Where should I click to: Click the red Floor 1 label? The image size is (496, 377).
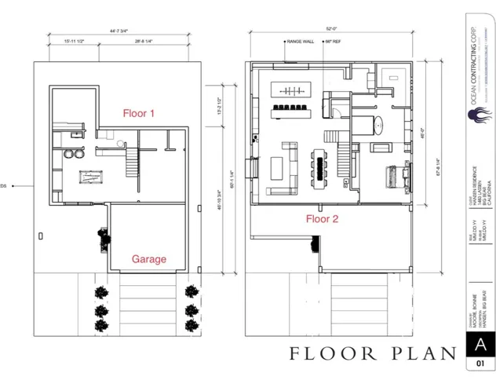139,113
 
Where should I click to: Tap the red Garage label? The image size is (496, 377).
148,258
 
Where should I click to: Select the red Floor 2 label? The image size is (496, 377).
322,219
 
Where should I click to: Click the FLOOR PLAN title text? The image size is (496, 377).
373,353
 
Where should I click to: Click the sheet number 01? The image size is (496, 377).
480,364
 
